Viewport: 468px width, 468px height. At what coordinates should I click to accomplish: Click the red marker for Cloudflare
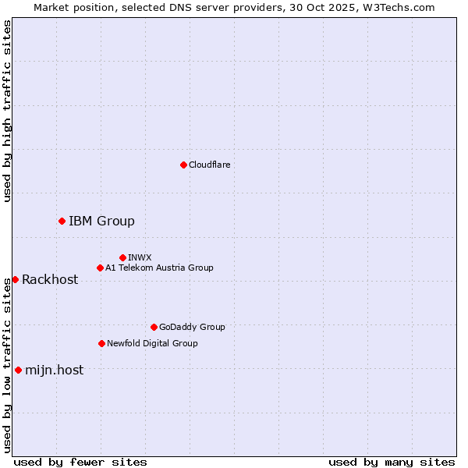point(183,165)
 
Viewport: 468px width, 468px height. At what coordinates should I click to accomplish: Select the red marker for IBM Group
point(62,221)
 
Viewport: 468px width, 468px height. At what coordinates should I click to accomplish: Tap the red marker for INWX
point(122,257)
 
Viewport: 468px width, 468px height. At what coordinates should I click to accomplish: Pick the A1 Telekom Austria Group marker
point(100,268)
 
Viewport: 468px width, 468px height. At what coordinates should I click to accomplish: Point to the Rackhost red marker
point(15,279)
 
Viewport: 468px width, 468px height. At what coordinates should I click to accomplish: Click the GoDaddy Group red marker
point(154,327)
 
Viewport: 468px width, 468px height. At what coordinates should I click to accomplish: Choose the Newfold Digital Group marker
point(101,343)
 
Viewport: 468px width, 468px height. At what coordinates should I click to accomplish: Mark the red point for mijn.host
point(18,370)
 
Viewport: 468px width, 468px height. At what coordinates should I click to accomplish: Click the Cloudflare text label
point(209,165)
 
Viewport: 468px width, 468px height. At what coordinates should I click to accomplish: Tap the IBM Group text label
point(101,221)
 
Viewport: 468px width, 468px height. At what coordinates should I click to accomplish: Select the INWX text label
point(140,257)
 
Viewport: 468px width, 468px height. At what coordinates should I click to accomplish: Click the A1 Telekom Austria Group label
point(159,268)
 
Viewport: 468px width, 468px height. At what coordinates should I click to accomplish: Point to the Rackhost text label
point(50,279)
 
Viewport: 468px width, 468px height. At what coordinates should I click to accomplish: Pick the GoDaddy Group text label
point(192,327)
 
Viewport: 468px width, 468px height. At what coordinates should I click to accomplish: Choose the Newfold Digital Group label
point(152,343)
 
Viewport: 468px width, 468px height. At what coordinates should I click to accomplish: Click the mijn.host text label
point(54,370)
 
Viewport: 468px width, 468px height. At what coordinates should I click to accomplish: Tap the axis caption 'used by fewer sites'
point(80,462)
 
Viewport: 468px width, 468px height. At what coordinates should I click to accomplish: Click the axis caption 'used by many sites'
point(392,462)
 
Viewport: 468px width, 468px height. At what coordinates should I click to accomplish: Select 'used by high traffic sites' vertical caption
point(8,111)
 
